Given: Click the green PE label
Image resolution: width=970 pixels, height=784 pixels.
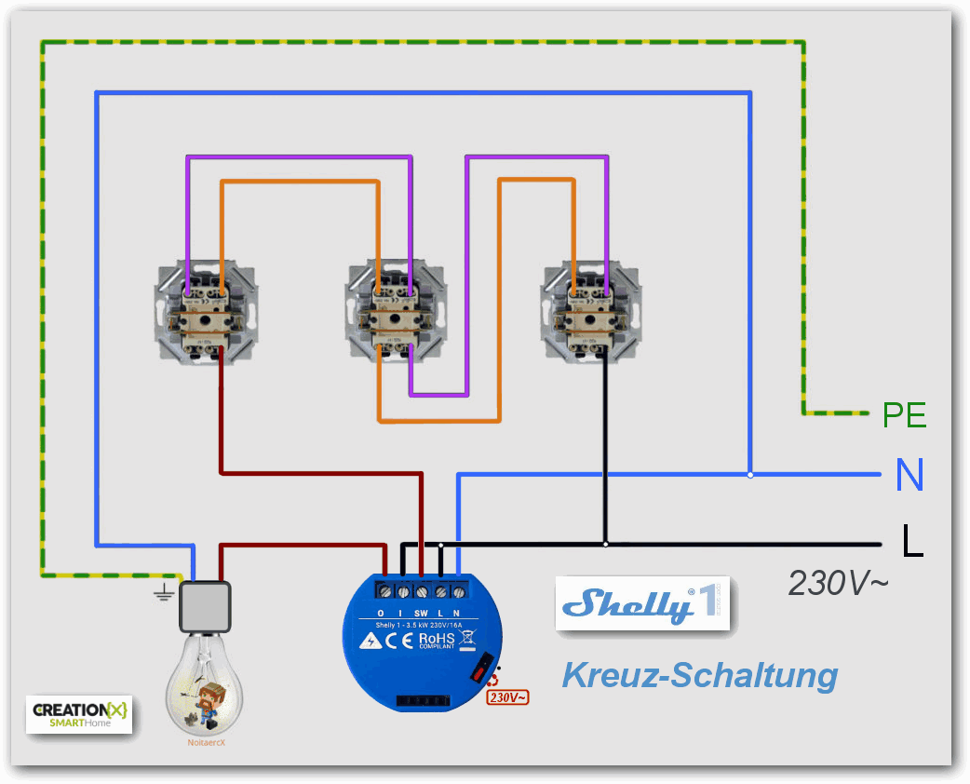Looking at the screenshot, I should tap(904, 414).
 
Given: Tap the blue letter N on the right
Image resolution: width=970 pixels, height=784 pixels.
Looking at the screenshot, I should tap(909, 475).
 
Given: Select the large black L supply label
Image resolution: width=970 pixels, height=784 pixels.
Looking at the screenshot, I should tap(911, 541).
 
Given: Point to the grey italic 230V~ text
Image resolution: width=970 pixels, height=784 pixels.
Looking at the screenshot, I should tap(838, 583).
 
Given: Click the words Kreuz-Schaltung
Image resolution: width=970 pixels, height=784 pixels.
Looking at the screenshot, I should tap(699, 675).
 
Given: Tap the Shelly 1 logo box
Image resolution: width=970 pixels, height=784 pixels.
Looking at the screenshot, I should tap(642, 604).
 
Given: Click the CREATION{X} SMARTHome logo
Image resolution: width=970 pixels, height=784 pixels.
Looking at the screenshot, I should tap(79, 713).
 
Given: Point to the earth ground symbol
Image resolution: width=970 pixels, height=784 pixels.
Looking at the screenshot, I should tap(165, 593).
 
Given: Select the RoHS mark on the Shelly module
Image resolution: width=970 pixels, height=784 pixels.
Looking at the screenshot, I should tap(436, 641).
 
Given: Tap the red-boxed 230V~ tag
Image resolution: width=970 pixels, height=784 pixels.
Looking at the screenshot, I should tap(508, 696).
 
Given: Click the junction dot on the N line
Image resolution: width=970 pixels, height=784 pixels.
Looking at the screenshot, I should tap(750, 475).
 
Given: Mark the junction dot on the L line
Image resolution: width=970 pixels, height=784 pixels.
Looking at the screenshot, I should tap(606, 544).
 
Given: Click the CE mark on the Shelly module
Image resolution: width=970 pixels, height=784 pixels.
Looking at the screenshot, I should tap(398, 641).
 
